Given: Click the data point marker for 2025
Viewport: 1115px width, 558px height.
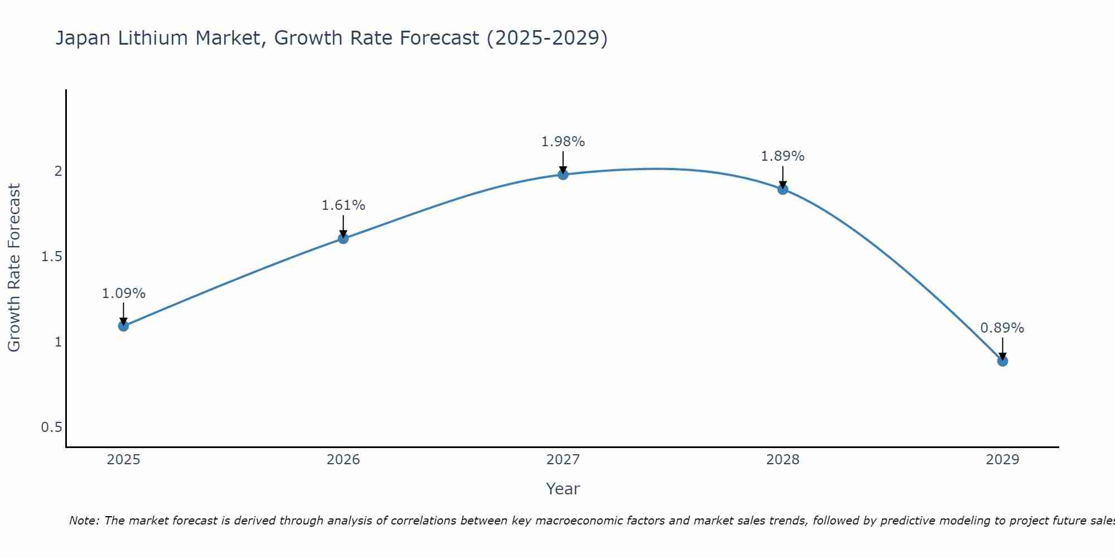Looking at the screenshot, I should pyautogui.click(x=124, y=326).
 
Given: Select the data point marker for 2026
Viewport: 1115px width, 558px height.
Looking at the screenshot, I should pyautogui.click(x=343, y=238).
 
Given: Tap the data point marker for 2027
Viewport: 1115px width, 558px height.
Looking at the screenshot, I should pyautogui.click(x=563, y=175).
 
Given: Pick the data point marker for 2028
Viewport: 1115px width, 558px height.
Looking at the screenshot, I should pyautogui.click(x=783, y=189).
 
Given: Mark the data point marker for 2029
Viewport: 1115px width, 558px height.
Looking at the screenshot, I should pyautogui.click(x=1002, y=361).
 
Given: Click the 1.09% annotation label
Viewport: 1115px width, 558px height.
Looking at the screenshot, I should pyautogui.click(x=124, y=294).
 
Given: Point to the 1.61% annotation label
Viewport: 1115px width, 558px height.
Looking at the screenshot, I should pyautogui.click(x=343, y=205).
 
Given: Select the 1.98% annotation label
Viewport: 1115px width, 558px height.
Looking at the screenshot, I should pyautogui.click(x=563, y=142).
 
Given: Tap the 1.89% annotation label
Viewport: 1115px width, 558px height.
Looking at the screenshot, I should pyautogui.click(x=783, y=156).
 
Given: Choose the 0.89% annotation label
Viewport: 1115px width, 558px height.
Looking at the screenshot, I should pyautogui.click(x=1002, y=328).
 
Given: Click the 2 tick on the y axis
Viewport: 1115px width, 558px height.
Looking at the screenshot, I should pyautogui.click(x=58, y=171).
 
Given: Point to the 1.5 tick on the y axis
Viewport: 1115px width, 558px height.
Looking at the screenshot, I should pyautogui.click(x=52, y=257).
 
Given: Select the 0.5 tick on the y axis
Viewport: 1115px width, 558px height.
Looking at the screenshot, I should pyautogui.click(x=52, y=427).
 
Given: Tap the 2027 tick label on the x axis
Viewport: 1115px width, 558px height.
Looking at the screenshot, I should pyautogui.click(x=563, y=460).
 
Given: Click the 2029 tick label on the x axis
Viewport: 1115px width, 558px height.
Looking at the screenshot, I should pyautogui.click(x=1002, y=460).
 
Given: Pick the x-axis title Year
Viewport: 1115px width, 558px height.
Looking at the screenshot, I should pyautogui.click(x=563, y=489).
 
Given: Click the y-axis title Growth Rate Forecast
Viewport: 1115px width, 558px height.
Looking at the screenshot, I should pyautogui.click(x=14, y=268).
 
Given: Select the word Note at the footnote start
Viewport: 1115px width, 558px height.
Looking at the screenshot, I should pyautogui.click(x=84, y=521).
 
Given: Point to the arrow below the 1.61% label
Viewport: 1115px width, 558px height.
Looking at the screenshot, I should pyautogui.click(x=343, y=226).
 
